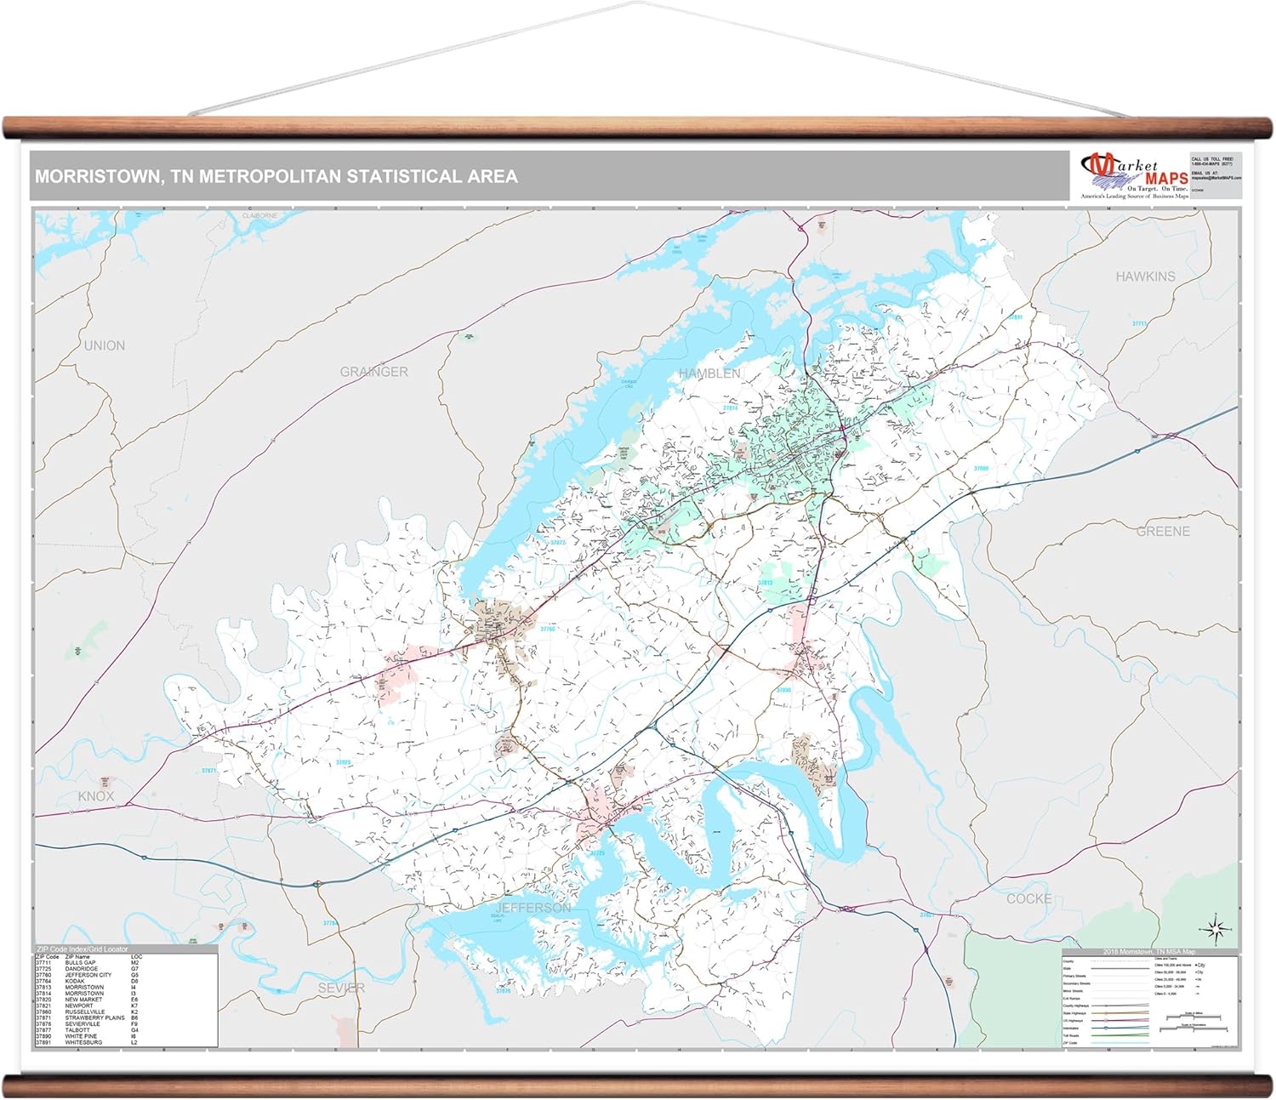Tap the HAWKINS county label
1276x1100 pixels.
[x=1145, y=276]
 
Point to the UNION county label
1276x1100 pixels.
[x=104, y=345]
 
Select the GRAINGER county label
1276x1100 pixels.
[x=373, y=372]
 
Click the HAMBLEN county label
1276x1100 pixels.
[x=709, y=373]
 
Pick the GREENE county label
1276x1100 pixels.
[x=1163, y=531]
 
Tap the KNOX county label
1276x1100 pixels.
[x=95, y=796]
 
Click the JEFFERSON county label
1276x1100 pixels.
[x=533, y=908]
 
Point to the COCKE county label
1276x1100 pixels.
[x=1028, y=898]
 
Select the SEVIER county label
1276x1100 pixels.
[x=341, y=988]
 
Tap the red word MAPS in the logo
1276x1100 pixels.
[x=1166, y=179]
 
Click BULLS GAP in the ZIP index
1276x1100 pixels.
[x=80, y=963]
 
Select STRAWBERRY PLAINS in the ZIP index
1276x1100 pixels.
[x=94, y=1017]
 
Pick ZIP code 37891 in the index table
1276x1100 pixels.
[x=44, y=1042]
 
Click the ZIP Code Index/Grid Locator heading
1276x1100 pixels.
[x=82, y=949]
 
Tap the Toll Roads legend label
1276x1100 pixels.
[x=1072, y=1035]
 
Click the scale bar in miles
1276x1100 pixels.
[x=1196, y=1017]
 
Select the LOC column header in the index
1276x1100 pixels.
[x=136, y=957]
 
